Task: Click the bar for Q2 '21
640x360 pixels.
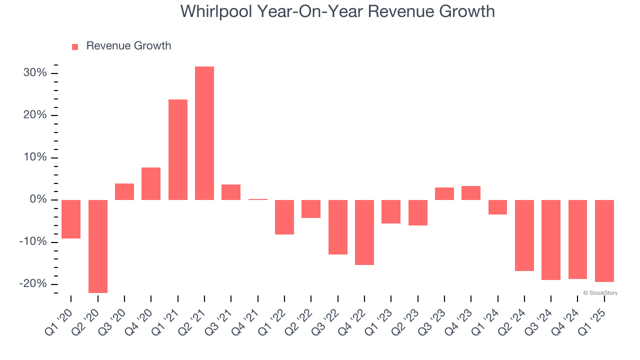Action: tap(204, 133)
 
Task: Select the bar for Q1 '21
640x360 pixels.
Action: tap(178, 149)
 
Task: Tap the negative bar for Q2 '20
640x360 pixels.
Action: tap(98, 246)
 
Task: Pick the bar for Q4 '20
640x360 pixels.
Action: tap(151, 183)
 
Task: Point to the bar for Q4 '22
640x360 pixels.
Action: tap(364, 232)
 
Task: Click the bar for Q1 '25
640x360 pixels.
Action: tap(604, 240)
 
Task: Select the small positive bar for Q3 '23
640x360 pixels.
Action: tap(444, 193)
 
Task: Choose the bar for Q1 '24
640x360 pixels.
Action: tap(498, 207)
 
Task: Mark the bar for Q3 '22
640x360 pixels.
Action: tap(338, 227)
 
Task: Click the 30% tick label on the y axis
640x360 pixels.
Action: tap(35, 73)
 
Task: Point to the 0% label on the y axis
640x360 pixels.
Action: tap(38, 200)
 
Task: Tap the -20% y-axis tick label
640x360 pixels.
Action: tap(33, 284)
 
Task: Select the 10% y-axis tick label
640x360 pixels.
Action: tap(35, 158)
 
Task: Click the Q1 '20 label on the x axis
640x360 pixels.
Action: tap(59, 320)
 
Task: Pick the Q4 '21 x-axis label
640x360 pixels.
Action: tap(246, 320)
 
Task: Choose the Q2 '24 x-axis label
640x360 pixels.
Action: tap(512, 320)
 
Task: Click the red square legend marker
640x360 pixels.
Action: tap(75, 47)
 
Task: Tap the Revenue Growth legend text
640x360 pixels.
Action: tap(128, 46)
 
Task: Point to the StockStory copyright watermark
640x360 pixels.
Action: tap(600, 293)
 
